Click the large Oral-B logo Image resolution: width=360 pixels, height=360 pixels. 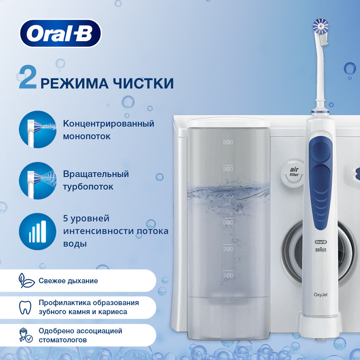click(60, 33)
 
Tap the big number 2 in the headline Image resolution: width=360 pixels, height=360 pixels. click(28, 77)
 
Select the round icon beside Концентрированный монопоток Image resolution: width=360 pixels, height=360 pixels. click(38, 130)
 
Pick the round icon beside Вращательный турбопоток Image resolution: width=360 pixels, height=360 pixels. click(38, 181)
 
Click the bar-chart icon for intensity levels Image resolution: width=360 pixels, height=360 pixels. click(38, 231)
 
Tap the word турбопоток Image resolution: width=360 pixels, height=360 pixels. click(88, 187)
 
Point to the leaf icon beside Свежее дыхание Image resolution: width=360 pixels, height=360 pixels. click(26, 281)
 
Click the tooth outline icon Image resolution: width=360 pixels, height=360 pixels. click(25, 308)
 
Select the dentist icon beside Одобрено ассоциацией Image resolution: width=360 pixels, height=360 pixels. click(26, 335)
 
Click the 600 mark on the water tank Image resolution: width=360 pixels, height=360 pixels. click(228, 142)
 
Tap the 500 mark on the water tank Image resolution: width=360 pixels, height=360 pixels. click(228, 169)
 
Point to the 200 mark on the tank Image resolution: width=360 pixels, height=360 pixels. click(228, 248)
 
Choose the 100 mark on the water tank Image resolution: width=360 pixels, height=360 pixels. click(228, 275)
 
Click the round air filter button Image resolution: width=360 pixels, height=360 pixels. click(293, 173)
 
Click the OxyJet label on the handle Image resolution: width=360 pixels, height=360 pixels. click(320, 295)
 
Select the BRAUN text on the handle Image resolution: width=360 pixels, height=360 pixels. click(321, 249)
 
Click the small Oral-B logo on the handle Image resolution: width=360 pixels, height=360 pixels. click(321, 242)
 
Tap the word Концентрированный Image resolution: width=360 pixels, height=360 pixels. click(109, 123)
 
